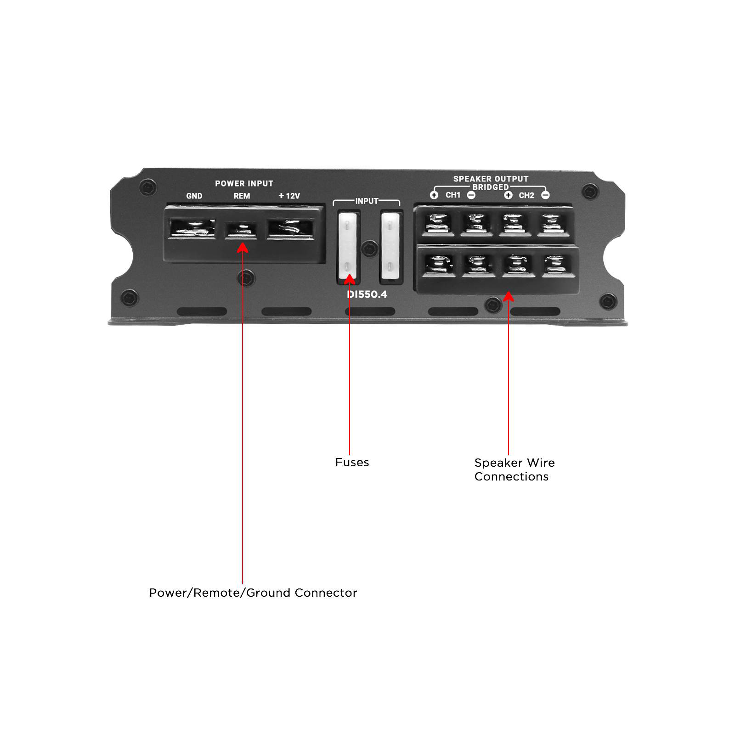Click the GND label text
(194, 196)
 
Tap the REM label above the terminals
(242, 196)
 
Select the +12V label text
(289, 196)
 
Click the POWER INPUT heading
(244, 183)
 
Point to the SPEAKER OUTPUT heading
(491, 179)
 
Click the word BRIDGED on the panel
(491, 187)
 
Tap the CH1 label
(452, 195)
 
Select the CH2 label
(526, 195)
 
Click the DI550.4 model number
(367, 294)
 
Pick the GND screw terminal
(192, 228)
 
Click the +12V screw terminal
(290, 228)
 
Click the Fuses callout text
(352, 462)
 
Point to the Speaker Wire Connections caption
(514, 469)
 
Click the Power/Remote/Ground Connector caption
(253, 593)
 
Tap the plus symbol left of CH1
(434, 195)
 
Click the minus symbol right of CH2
(545, 195)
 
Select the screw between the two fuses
(369, 249)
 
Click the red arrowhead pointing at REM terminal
(243, 248)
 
